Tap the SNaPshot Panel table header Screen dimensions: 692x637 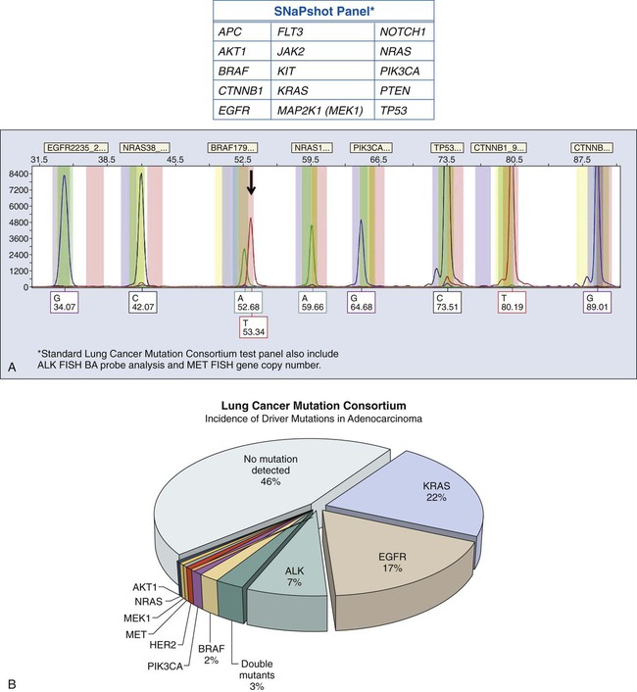323,12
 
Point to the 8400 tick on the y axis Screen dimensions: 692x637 18,173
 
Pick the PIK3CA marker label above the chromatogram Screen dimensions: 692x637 371,147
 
